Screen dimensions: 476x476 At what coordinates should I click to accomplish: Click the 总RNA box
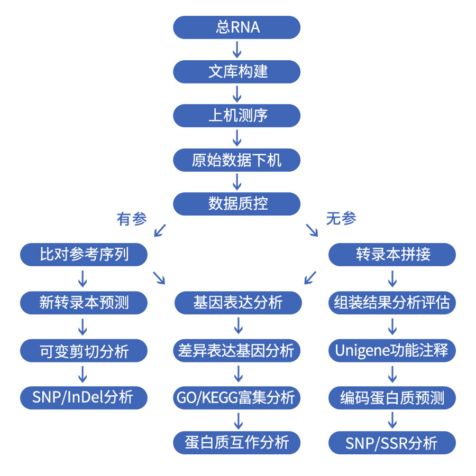pos(237,27)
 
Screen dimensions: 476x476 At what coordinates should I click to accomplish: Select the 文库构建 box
pos(237,71)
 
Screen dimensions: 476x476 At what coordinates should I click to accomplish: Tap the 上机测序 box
pos(237,115)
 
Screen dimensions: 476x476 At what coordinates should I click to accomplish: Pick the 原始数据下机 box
pos(237,160)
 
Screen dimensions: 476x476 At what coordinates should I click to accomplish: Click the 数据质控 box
pos(237,204)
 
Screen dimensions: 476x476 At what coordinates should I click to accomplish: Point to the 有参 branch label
pos(132,219)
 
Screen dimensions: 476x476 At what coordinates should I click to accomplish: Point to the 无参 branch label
pos(342,219)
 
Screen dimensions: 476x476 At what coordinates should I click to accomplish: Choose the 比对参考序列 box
pos(84,255)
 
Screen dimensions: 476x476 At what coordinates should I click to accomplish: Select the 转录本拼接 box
pos(392,255)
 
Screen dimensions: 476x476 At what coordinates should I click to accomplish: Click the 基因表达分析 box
pos(238,303)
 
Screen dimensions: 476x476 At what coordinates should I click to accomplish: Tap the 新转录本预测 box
pos(84,303)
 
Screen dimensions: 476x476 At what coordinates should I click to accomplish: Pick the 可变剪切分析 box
pos(84,351)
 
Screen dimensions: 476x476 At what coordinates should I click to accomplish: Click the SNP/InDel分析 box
pos(84,397)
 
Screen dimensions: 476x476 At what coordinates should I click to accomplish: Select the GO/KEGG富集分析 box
pos(238,397)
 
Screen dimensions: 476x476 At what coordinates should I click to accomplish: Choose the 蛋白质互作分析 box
pos(237,442)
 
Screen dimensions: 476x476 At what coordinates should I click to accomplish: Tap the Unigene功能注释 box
pos(392,351)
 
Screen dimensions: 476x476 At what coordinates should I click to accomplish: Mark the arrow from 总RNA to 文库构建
pos(237,49)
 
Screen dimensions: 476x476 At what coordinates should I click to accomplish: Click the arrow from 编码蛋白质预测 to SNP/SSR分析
pos(392,420)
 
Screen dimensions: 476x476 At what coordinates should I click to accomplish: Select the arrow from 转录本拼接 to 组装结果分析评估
pos(392,278)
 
